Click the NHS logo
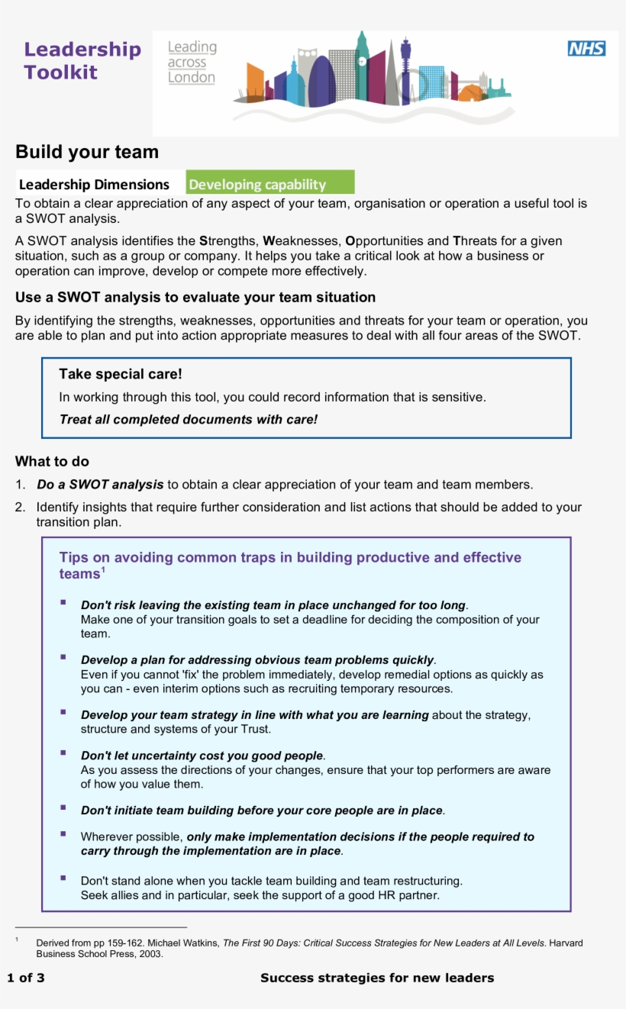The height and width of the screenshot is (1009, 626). pyautogui.click(x=586, y=49)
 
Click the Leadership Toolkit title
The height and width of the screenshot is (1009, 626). pyautogui.click(x=82, y=61)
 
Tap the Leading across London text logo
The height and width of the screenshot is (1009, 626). pyautogui.click(x=192, y=63)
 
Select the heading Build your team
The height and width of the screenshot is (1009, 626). pyautogui.click(x=87, y=152)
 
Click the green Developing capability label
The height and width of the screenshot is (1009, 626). pyautogui.click(x=270, y=184)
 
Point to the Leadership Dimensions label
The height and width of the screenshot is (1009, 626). pyautogui.click(x=94, y=185)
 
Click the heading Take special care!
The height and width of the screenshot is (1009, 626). pyautogui.click(x=121, y=374)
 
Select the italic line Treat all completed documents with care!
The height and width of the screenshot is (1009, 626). pyautogui.click(x=188, y=419)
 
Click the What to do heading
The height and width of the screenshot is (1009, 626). pyautogui.click(x=52, y=461)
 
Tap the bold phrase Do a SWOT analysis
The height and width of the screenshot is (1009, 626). pyautogui.click(x=100, y=485)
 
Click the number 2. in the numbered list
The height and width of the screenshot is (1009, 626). pyautogui.click(x=21, y=508)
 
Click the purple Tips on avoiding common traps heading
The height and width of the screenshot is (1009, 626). pyautogui.click(x=290, y=558)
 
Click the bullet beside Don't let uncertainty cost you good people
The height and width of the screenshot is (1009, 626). pyautogui.click(x=63, y=753)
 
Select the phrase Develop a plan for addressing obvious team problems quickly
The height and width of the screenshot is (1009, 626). pyautogui.click(x=257, y=660)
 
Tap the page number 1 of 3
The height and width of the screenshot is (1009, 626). pyautogui.click(x=26, y=978)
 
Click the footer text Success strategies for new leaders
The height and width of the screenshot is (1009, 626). pyautogui.click(x=377, y=978)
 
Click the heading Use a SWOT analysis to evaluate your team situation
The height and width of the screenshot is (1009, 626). pyautogui.click(x=195, y=297)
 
